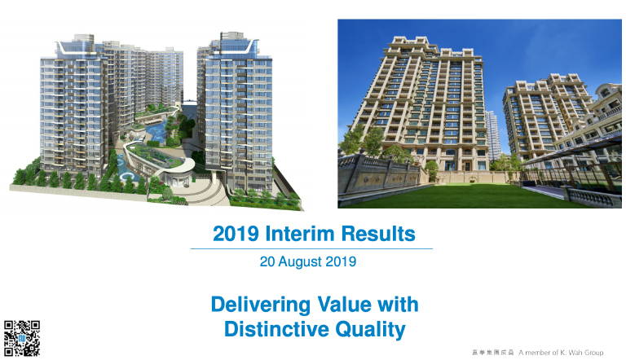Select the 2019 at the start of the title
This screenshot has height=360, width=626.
pyautogui.click(x=236, y=234)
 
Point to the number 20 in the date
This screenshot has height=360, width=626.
pyautogui.click(x=267, y=261)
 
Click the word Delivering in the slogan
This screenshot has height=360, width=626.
pyautogui.click(x=261, y=305)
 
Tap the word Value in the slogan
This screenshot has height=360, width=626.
pyautogui.click(x=345, y=305)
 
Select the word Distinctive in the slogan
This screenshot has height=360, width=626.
pyautogui.click(x=276, y=329)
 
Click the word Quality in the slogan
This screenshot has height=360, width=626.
pyautogui.click(x=371, y=330)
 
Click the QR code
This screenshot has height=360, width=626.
pyautogui.click(x=22, y=338)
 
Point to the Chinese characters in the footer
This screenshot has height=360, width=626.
pyautogui.click(x=492, y=353)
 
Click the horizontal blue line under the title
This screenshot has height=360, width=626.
pyautogui.click(x=311, y=248)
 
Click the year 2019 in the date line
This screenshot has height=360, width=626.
pyautogui.click(x=341, y=261)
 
